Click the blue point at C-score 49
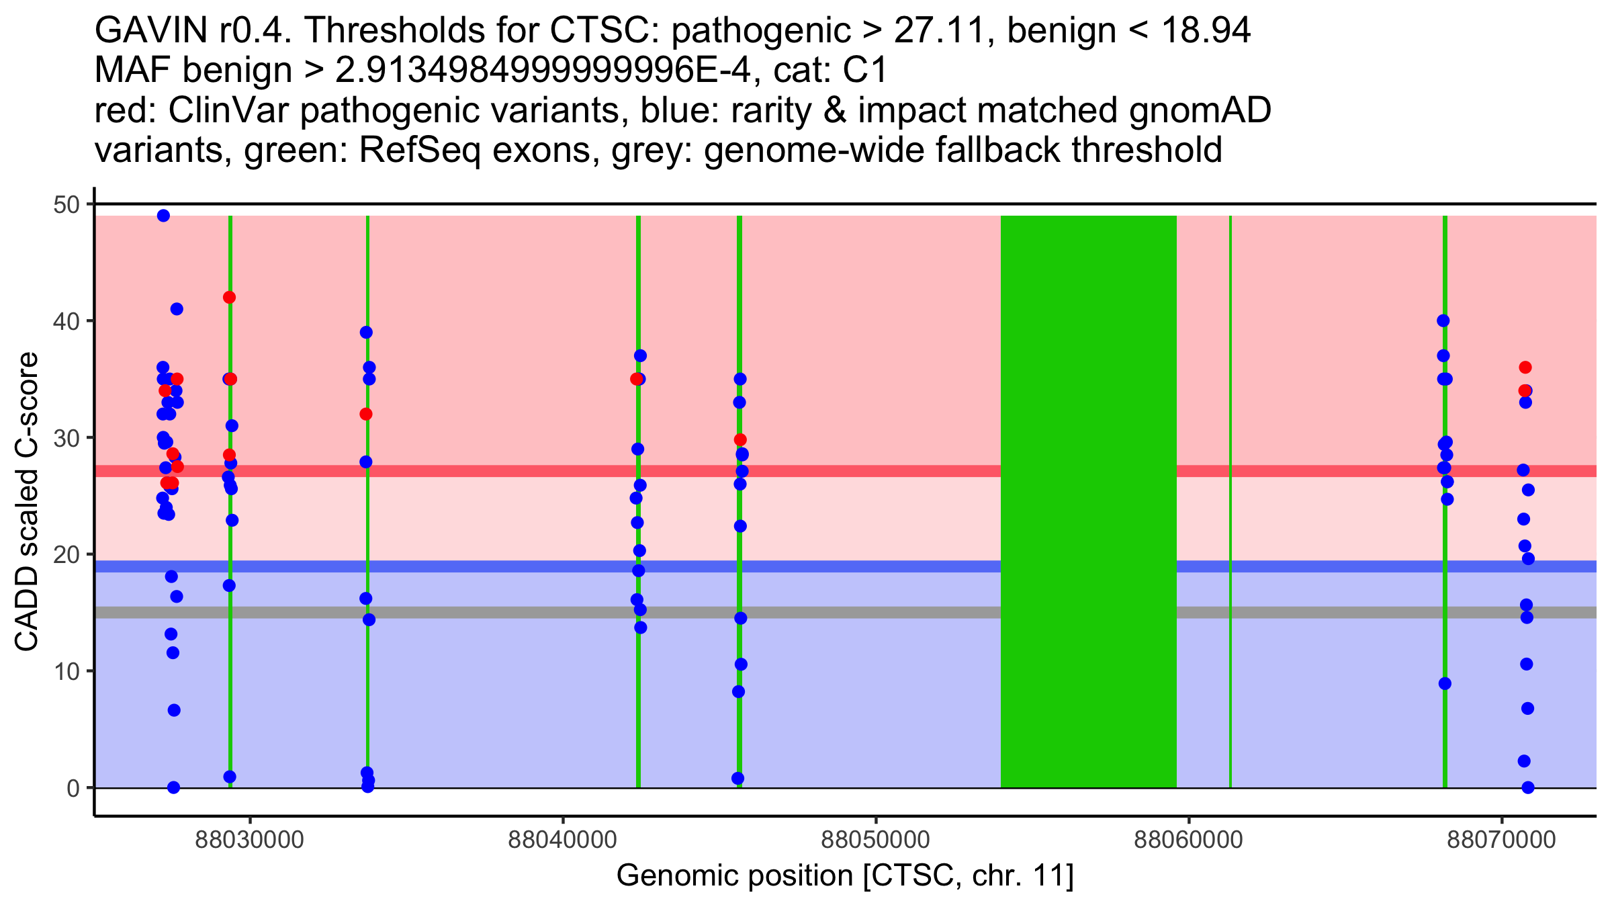point(163,216)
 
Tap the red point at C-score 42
point(229,298)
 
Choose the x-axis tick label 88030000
point(250,840)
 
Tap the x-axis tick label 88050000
point(875,840)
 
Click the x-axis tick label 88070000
point(1501,840)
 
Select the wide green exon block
point(1088,501)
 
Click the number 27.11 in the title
point(944,30)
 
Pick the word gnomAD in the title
point(1200,110)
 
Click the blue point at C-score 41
point(177,309)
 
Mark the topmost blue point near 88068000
point(1443,320)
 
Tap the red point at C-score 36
point(1525,368)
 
